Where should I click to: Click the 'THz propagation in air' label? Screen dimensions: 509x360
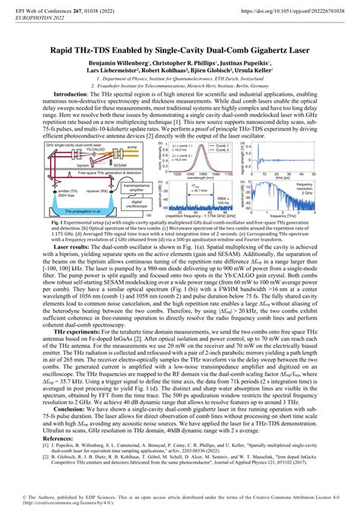[87, 216]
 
